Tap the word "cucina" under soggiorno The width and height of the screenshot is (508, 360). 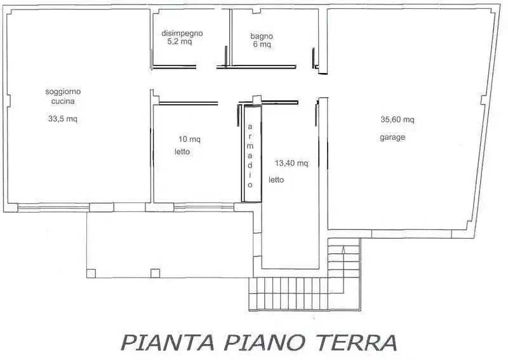point(63,101)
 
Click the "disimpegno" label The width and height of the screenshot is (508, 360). point(182,34)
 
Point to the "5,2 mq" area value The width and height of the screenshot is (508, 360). point(179,42)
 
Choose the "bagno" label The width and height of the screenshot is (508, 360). point(261,36)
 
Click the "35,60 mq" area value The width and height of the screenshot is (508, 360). point(397,119)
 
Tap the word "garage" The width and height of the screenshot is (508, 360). point(392,137)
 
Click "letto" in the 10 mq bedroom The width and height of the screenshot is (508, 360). point(183,152)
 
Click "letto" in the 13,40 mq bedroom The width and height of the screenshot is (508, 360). point(276,180)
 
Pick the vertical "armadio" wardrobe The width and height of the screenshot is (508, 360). point(251,154)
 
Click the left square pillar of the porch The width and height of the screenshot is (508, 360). point(91,274)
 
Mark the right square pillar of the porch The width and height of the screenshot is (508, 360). point(154,274)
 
